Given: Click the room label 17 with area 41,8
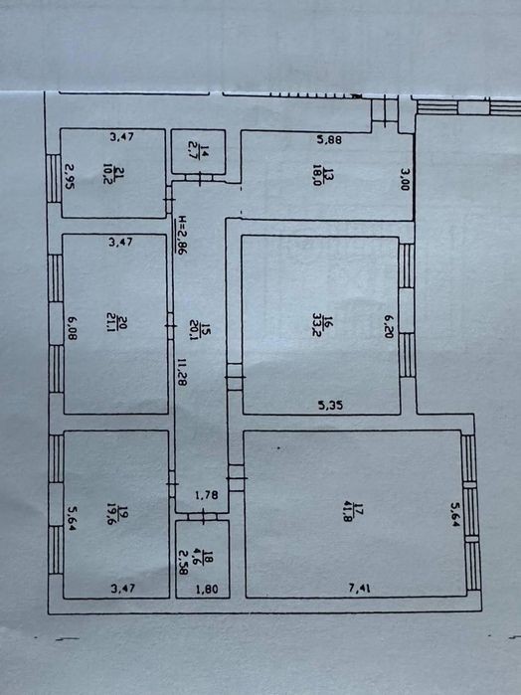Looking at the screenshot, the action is click(x=353, y=513).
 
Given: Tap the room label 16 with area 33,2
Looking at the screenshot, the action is click(x=322, y=326).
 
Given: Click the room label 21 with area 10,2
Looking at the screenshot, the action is click(x=113, y=173).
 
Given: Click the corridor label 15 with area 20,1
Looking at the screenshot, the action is click(x=200, y=329).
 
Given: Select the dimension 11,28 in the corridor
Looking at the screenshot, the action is click(x=182, y=372).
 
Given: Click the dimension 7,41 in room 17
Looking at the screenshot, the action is click(x=360, y=589).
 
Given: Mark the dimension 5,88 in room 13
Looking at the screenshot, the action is click(x=329, y=139).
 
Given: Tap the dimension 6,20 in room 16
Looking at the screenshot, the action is click(x=389, y=327).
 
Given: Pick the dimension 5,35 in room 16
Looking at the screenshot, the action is click(x=331, y=405).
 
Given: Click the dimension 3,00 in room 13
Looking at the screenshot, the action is click(x=405, y=179).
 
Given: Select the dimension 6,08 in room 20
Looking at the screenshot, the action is click(x=73, y=327).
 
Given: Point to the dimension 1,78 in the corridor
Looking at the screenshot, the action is click(x=207, y=495).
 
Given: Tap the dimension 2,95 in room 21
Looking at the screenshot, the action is click(x=70, y=176).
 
